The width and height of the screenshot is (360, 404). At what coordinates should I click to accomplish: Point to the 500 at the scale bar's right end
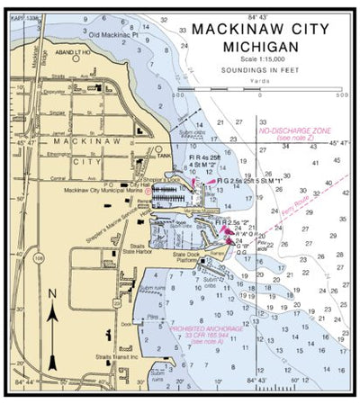coord(340,95)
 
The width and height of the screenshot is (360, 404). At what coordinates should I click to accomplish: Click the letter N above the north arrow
coord(52,294)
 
